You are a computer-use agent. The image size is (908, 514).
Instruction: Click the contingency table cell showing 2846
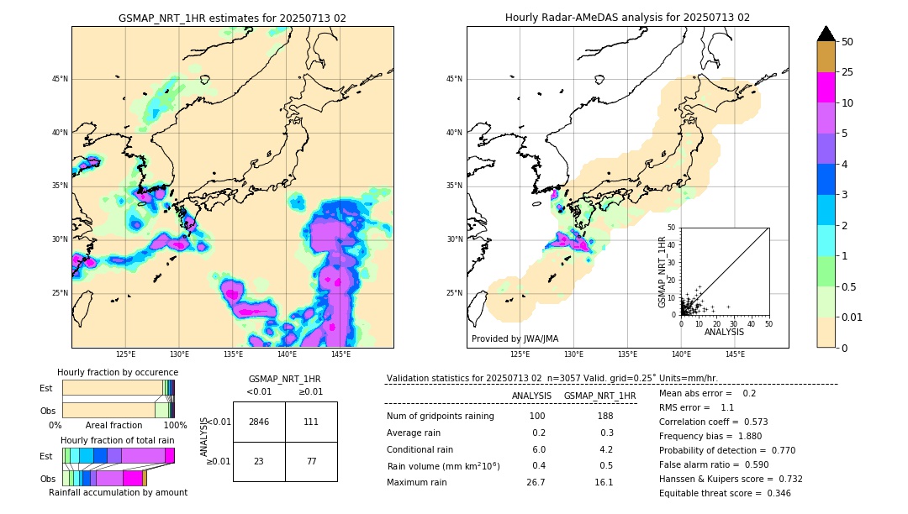tap(259, 422)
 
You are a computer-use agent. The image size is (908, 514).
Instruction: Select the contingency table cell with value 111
tap(311, 422)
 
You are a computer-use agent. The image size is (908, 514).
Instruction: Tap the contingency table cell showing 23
tap(259, 461)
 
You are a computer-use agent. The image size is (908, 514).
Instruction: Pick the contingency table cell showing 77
tap(311, 461)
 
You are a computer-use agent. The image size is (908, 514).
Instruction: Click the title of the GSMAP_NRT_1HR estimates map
tap(232, 18)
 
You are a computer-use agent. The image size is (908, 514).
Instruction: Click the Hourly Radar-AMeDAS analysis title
tap(627, 18)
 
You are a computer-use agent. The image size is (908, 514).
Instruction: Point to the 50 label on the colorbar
tap(847, 42)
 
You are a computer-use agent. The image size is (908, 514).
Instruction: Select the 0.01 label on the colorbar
tap(853, 317)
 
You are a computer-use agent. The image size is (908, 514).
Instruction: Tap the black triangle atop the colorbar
tap(826, 34)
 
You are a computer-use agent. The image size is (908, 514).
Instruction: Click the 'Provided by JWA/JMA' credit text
tap(515, 338)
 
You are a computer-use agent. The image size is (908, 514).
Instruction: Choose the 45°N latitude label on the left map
tap(60, 79)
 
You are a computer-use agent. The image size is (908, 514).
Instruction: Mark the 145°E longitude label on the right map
tap(735, 354)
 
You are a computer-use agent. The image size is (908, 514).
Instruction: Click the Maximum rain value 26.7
tap(536, 482)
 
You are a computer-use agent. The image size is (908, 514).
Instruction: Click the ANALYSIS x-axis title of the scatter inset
tap(724, 332)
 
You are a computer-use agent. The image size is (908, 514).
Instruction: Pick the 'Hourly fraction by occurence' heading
tap(118, 372)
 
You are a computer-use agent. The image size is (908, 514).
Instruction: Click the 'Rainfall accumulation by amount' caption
tap(118, 492)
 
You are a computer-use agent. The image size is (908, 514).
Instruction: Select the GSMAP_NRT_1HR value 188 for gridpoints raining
tap(604, 417)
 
